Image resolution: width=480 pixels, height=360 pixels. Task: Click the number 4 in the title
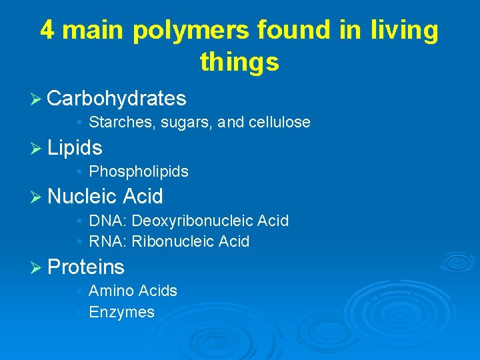click(x=47, y=31)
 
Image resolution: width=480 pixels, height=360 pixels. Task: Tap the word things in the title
click(x=239, y=62)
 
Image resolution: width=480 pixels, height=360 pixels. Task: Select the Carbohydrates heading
click(x=117, y=99)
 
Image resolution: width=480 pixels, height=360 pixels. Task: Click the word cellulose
click(x=279, y=122)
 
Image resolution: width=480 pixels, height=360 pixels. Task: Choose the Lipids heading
click(x=75, y=147)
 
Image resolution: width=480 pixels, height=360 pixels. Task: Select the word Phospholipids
click(x=139, y=171)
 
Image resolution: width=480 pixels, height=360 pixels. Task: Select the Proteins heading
click(x=86, y=267)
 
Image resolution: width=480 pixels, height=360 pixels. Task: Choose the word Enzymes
click(x=121, y=312)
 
